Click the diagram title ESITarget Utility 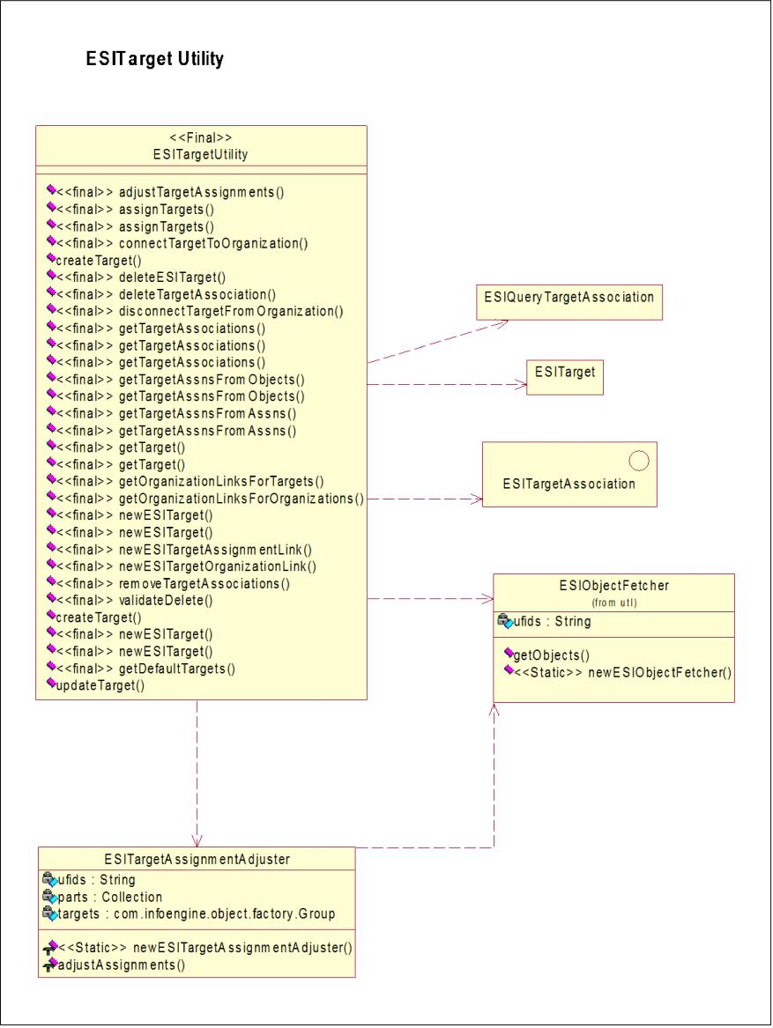tap(155, 59)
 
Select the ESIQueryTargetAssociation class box tap(569, 302)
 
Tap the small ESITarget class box tap(564, 377)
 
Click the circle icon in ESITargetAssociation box tap(638, 461)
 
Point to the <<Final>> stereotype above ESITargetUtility tap(201, 137)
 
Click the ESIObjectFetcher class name tap(614, 586)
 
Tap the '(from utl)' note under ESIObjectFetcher tap(614, 603)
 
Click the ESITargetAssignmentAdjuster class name tap(197, 860)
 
